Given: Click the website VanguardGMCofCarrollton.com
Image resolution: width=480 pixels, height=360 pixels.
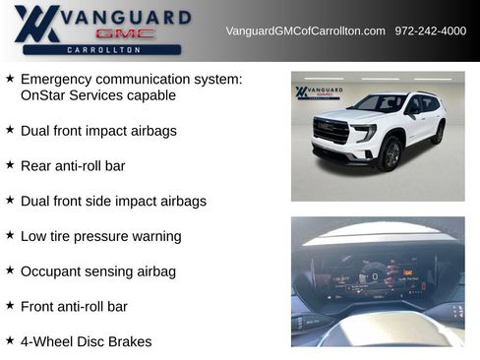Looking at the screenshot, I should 305,31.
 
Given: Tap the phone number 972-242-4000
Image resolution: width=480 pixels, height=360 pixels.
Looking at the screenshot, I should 431,31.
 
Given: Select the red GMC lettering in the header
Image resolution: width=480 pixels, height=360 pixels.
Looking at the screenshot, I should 125,33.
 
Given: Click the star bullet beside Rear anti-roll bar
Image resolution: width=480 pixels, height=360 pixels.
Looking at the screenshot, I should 10,165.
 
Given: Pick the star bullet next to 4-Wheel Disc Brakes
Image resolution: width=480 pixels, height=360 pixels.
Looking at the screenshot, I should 10,340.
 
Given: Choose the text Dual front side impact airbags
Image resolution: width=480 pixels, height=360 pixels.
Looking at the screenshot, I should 113,201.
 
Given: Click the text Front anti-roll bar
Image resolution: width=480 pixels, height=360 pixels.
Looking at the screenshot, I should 74,306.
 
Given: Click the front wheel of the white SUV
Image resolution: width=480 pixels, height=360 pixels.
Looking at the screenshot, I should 391,153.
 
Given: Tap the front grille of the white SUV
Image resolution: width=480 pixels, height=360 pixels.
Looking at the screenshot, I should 331,131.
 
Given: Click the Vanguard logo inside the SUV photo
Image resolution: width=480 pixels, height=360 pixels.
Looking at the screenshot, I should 319,92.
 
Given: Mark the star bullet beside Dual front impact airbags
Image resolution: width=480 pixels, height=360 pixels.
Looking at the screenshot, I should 10,130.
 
